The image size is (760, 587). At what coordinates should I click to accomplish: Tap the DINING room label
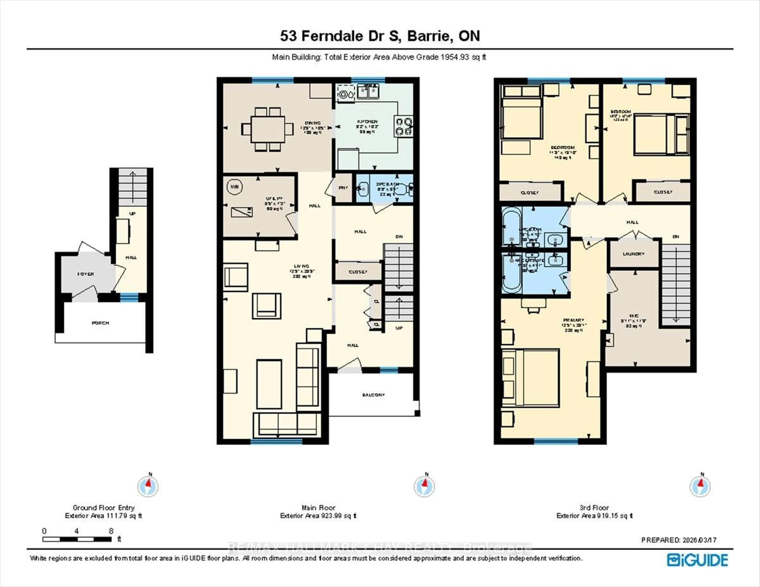(x=313, y=123)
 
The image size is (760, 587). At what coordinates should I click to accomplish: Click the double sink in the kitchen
(x=368, y=91)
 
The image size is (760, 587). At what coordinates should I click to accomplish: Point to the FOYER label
(x=86, y=274)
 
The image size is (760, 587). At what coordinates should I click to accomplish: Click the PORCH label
(x=101, y=323)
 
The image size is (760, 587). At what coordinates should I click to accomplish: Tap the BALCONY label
(x=373, y=395)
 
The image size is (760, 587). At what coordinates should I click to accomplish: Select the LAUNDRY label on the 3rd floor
(x=634, y=254)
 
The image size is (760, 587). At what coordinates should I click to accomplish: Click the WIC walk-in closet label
(x=634, y=316)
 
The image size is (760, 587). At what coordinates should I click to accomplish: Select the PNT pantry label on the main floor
(x=343, y=188)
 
